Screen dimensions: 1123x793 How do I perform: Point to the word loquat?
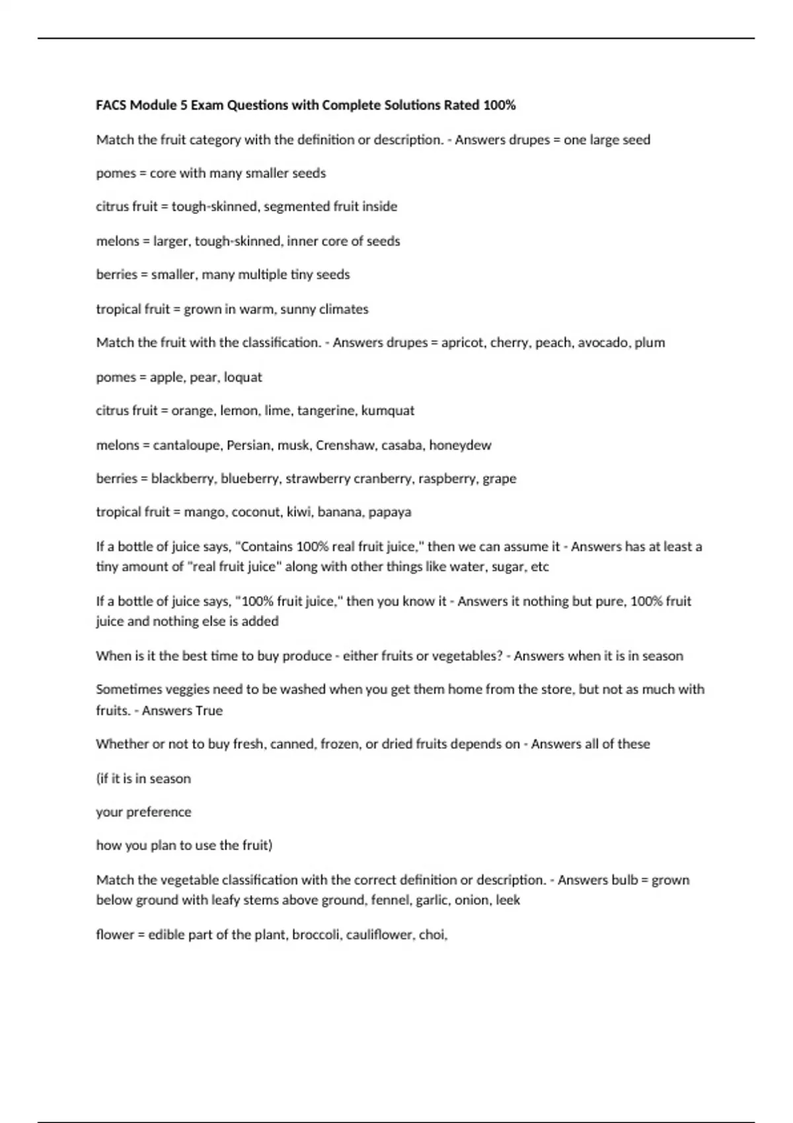[x=243, y=377]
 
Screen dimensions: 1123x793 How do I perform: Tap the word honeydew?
[x=460, y=445]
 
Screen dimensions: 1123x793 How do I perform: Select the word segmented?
[x=297, y=206]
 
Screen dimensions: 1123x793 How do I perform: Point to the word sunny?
[x=298, y=309]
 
